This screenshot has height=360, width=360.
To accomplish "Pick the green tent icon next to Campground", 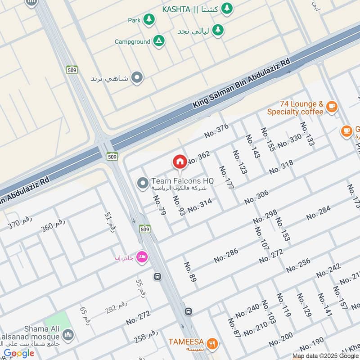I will (158, 41).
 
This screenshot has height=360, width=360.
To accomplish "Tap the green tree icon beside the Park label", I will (149, 20).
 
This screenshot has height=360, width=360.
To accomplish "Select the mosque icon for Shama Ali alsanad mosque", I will (68, 335).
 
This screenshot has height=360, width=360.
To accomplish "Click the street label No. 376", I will (216, 130).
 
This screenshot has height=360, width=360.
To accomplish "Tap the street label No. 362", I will (198, 158).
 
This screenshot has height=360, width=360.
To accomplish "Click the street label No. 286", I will (226, 255).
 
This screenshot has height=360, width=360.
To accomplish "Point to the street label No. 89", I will (190, 272).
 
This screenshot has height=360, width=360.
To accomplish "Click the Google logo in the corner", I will (19, 354).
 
